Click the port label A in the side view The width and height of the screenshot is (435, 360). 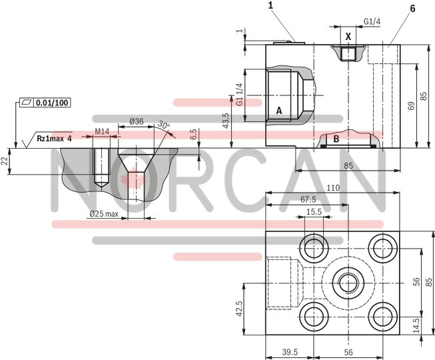click(x=279, y=109)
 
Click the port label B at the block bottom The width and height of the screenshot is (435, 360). click(x=336, y=139)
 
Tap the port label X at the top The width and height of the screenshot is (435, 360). click(x=348, y=37)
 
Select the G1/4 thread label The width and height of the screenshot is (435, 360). click(x=372, y=22)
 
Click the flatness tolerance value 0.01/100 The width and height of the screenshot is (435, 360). click(x=53, y=102)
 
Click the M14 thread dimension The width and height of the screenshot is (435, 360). click(x=102, y=131)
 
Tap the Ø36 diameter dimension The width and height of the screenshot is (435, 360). click(x=135, y=121)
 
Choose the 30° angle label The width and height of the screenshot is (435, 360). click(x=164, y=125)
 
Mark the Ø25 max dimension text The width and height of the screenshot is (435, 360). click(x=103, y=214)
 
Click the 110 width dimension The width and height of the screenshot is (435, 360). click(x=332, y=189)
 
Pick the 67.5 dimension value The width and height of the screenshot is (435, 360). click(x=308, y=199)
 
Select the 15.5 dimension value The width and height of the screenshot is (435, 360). click(x=314, y=212)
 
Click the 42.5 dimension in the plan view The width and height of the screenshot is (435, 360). click(x=237, y=308)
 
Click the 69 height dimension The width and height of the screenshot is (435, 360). click(x=412, y=105)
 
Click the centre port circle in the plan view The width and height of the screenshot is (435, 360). click(x=348, y=280)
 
